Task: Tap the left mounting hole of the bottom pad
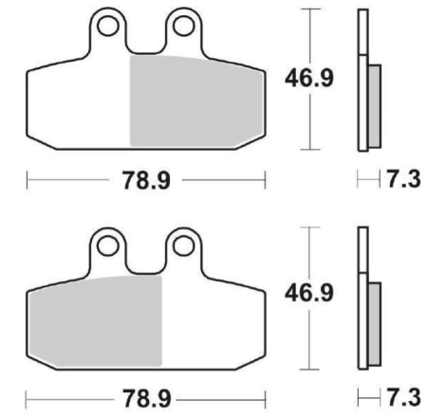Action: (109, 245)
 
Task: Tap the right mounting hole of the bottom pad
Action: (180, 245)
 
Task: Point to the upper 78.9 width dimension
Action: (144, 180)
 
